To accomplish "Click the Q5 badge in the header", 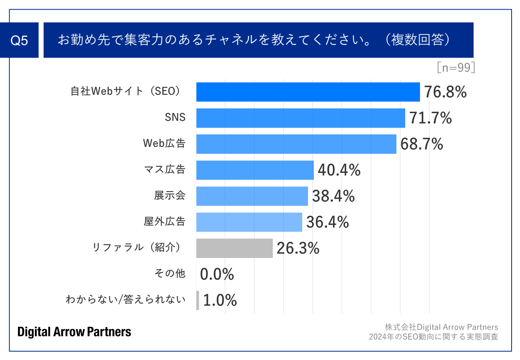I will (x=19, y=40).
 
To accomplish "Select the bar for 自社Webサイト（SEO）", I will (x=308, y=92).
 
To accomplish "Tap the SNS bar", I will (x=300, y=118).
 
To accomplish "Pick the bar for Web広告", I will (x=296, y=144).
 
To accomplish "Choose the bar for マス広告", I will (x=255, y=170).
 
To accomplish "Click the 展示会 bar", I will (x=252, y=196).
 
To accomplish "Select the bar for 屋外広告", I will (x=249, y=222).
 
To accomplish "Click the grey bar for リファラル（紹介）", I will (x=234, y=248).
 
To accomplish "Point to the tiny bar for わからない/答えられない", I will (x=198, y=300).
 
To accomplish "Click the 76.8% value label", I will (x=445, y=92).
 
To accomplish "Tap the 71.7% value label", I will (x=430, y=118).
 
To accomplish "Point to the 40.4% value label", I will (x=339, y=170).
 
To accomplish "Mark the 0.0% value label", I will (x=217, y=274).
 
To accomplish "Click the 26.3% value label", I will (x=298, y=248).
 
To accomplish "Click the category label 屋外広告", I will (x=164, y=222).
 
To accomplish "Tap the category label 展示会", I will (x=170, y=196).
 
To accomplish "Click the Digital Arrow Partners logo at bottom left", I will (x=74, y=332).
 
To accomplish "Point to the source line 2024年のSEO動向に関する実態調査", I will (x=433, y=337).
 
